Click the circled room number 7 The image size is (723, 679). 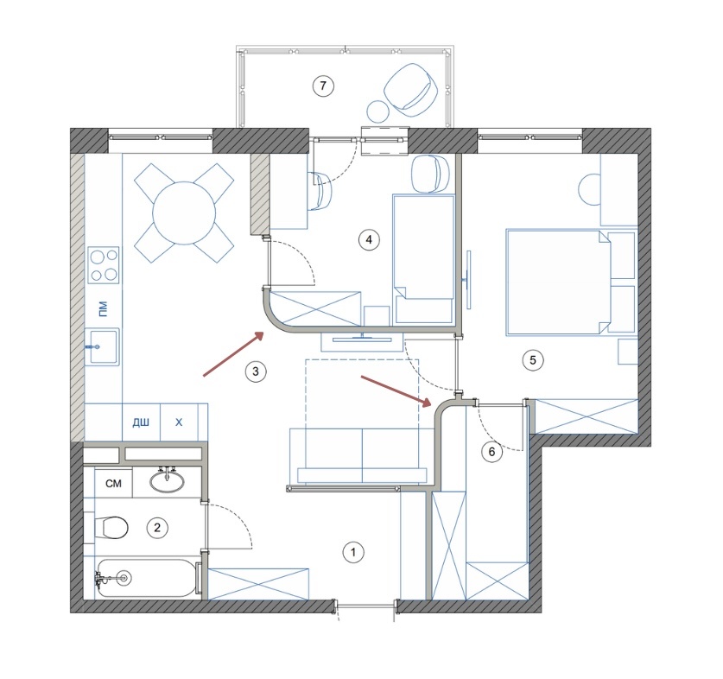323,86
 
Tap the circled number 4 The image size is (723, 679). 369,240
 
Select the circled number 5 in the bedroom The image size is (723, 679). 533,359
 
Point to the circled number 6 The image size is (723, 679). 492,452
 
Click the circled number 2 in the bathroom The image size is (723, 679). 157,527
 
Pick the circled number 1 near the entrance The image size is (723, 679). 353,552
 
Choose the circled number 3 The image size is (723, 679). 256,371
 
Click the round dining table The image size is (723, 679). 184,213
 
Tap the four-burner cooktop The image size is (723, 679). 104,264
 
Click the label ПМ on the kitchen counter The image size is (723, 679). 103,308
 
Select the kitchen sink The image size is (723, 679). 103,346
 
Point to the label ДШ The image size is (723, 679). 141,422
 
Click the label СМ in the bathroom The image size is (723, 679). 113,484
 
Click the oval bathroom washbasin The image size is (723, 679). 167,481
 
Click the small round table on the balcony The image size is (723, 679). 378,111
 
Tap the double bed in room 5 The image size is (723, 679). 558,282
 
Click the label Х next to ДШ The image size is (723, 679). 179,422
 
